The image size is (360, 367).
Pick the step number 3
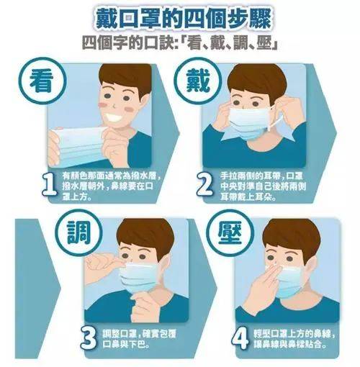point(89,337)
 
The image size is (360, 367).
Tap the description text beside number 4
point(292,337)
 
